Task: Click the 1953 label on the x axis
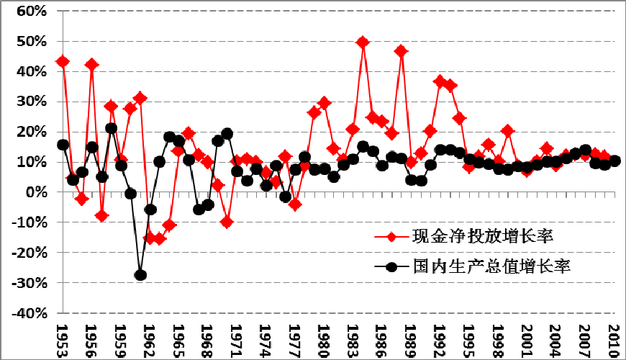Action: pyautogui.click(x=63, y=338)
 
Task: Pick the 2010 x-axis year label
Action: pyautogui.click(x=615, y=338)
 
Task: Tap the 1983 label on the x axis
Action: pyautogui.click(x=353, y=338)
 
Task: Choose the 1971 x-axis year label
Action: pyautogui.click(x=237, y=338)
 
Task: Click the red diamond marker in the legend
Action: pyautogui.click(x=391, y=236)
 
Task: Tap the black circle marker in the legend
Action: pyautogui.click(x=391, y=266)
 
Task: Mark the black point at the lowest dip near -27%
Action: pyautogui.click(x=140, y=275)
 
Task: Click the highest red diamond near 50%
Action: pyautogui.click(x=363, y=42)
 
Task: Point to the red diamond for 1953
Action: pyautogui.click(x=63, y=61)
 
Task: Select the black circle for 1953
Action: pyautogui.click(x=63, y=145)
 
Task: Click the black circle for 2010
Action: pyautogui.click(x=614, y=161)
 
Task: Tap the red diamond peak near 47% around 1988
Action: pyautogui.click(x=402, y=51)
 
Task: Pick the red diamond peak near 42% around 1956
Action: pyautogui.click(x=92, y=64)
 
